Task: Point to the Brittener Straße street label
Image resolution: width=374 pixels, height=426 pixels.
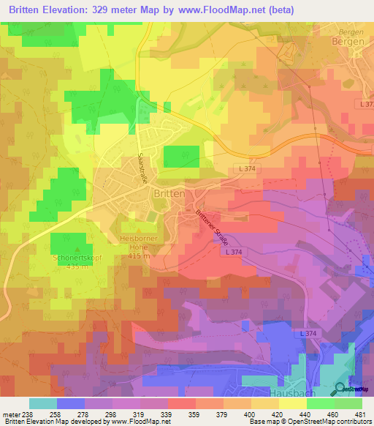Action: pyautogui.click(x=211, y=227)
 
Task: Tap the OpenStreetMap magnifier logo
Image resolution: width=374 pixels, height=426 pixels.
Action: pyautogui.click(x=339, y=390)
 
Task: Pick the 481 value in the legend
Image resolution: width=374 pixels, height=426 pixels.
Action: pyautogui.click(x=361, y=414)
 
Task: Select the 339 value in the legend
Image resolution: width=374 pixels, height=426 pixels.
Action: pyautogui.click(x=167, y=414)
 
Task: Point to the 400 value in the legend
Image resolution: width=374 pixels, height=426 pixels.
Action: pyautogui.click(x=250, y=414)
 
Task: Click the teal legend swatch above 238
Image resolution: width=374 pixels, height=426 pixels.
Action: pyautogui.click(x=43, y=403)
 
